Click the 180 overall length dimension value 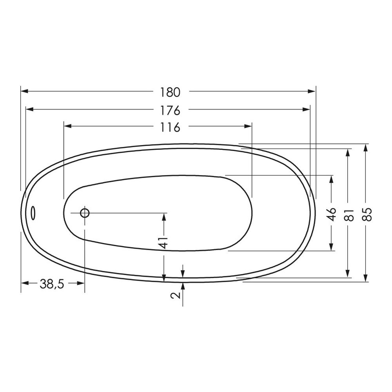(170, 92)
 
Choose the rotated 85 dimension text (366, 214)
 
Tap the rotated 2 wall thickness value (177, 295)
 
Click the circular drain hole (85, 213)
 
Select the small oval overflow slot (33, 213)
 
